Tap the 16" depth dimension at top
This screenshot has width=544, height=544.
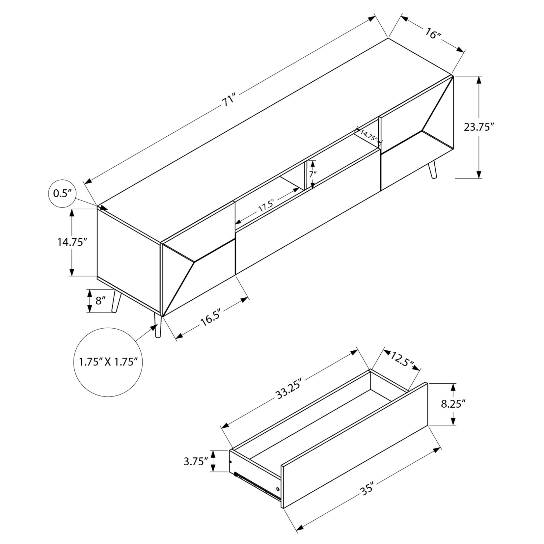click(x=432, y=34)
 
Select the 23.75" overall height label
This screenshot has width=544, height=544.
click(x=479, y=127)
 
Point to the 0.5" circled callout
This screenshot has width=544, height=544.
click(x=63, y=193)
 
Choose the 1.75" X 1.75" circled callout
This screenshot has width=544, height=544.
click(x=108, y=362)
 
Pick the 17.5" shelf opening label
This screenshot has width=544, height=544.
click(x=266, y=206)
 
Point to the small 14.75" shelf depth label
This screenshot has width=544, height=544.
click(x=368, y=135)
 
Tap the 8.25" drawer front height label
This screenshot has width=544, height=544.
click(x=453, y=404)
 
